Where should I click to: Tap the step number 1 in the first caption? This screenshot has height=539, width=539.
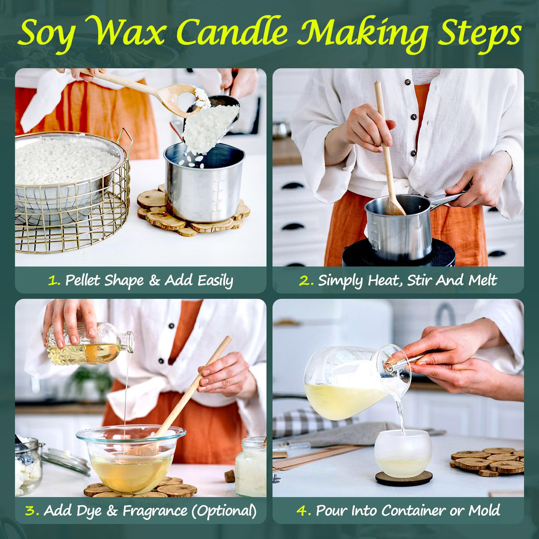(54, 281)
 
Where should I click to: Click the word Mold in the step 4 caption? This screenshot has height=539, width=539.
(484, 511)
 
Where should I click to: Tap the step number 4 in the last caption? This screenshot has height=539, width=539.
(304, 511)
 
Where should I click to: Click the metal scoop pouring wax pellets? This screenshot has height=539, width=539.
(213, 120)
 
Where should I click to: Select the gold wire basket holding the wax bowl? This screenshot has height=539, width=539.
(71, 222)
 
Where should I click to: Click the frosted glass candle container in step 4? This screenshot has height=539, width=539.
(403, 453)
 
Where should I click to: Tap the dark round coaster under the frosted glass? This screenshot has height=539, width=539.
(404, 479)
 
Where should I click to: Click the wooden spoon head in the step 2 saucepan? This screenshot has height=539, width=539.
(394, 207)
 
